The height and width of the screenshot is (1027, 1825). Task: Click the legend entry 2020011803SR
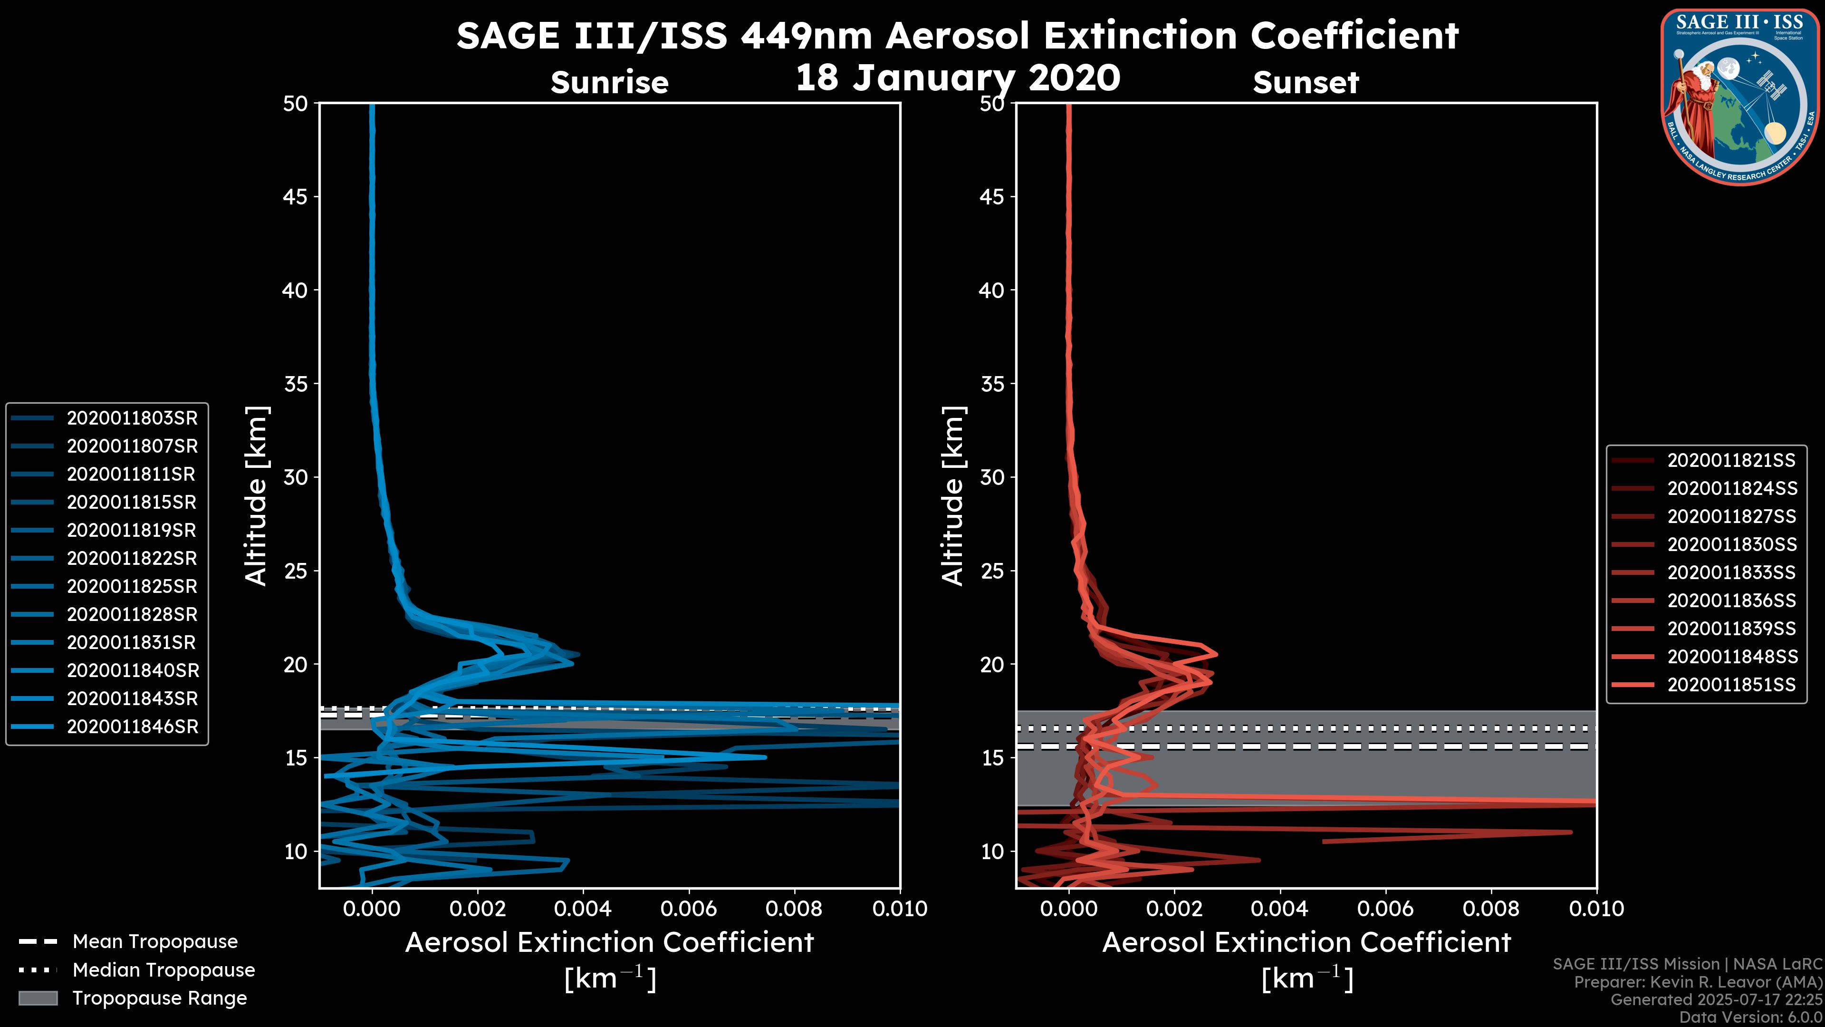click(x=132, y=418)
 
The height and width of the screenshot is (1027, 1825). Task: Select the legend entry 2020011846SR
click(x=132, y=727)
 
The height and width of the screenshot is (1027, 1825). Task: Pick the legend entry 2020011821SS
click(x=1731, y=461)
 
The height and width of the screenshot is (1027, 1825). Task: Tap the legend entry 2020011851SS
click(x=1731, y=685)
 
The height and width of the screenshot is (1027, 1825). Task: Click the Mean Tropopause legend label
click(x=154, y=941)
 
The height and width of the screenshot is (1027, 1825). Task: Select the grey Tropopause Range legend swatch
click(x=38, y=998)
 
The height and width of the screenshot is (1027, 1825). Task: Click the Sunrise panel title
click(x=609, y=82)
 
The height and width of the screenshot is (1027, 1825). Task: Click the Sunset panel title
click(x=1306, y=82)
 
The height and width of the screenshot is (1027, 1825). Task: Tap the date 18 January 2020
click(x=958, y=78)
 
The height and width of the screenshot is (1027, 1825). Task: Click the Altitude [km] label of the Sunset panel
click(x=953, y=495)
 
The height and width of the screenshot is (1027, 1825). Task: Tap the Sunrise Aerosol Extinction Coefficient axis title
click(x=609, y=943)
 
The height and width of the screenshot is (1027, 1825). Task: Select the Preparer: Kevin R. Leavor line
click(x=1698, y=982)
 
